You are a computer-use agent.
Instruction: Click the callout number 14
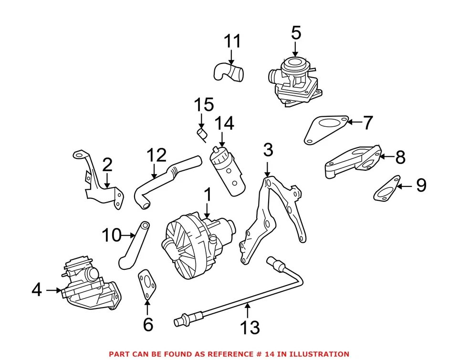click(224, 124)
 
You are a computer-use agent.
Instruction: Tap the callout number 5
click(296, 33)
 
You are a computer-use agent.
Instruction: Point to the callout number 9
click(421, 185)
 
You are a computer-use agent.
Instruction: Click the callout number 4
click(37, 289)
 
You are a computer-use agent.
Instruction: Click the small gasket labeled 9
click(385, 189)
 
